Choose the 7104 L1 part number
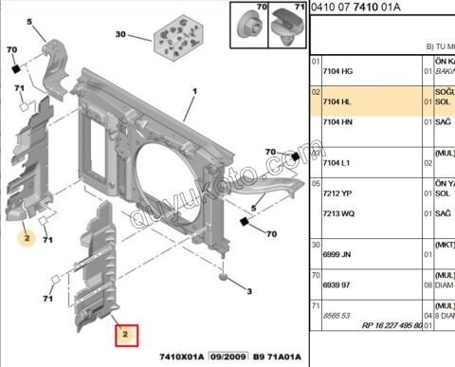point(338,163)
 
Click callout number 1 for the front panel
point(194,91)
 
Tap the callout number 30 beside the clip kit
point(120,35)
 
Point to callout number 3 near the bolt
point(248,291)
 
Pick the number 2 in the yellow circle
point(27,239)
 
